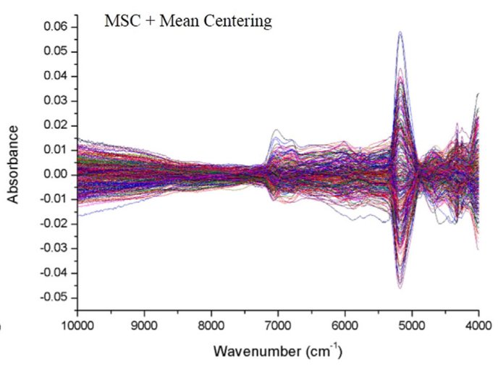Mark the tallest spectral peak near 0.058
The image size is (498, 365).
[400, 32]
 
